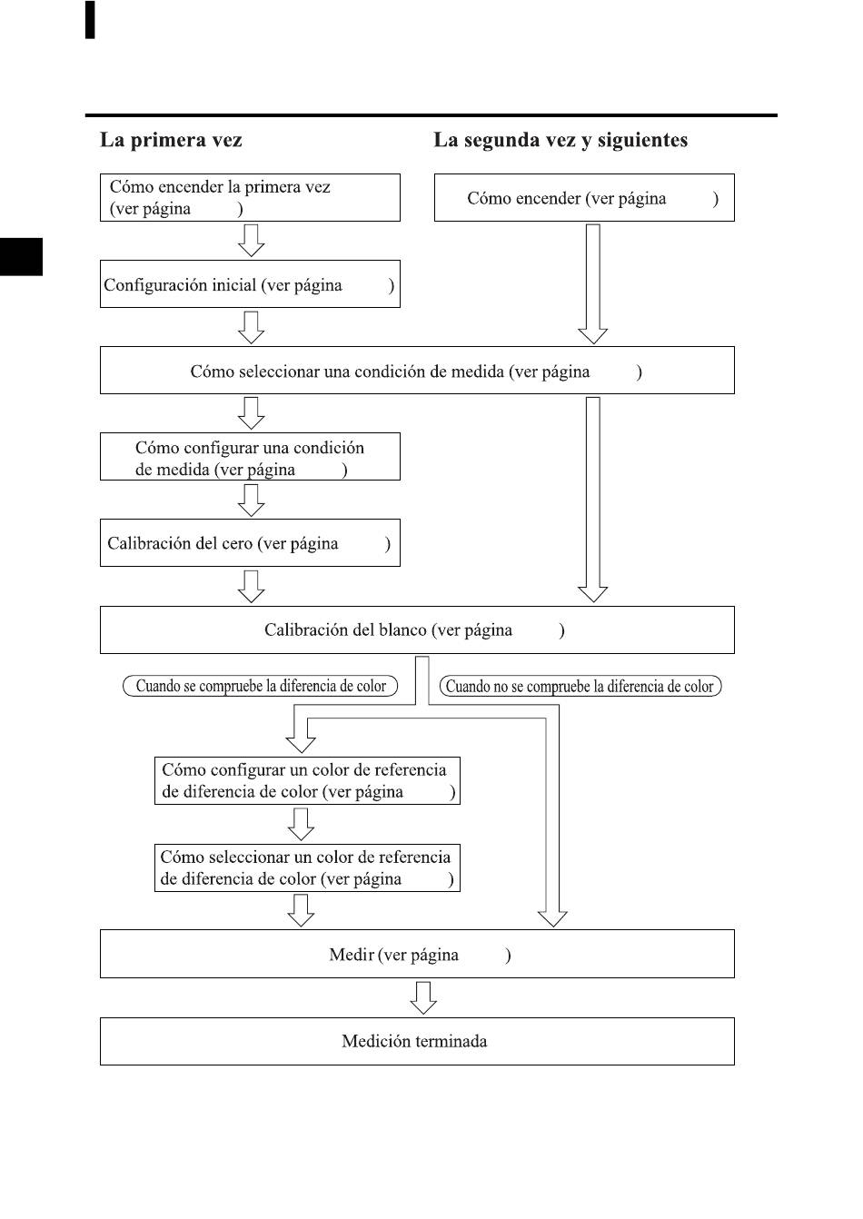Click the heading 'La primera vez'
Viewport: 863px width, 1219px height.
[171, 140]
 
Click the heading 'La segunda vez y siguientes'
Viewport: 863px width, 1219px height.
[560, 140]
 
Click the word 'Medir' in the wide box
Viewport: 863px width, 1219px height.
[352, 955]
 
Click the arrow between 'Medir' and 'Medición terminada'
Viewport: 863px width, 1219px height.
[422, 998]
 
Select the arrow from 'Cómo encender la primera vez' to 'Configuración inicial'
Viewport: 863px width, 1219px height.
[252, 241]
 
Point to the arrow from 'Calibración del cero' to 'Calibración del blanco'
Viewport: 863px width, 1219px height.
[252, 587]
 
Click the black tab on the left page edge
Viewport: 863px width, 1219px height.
[21, 257]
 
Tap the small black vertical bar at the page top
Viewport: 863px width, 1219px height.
[90, 20]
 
